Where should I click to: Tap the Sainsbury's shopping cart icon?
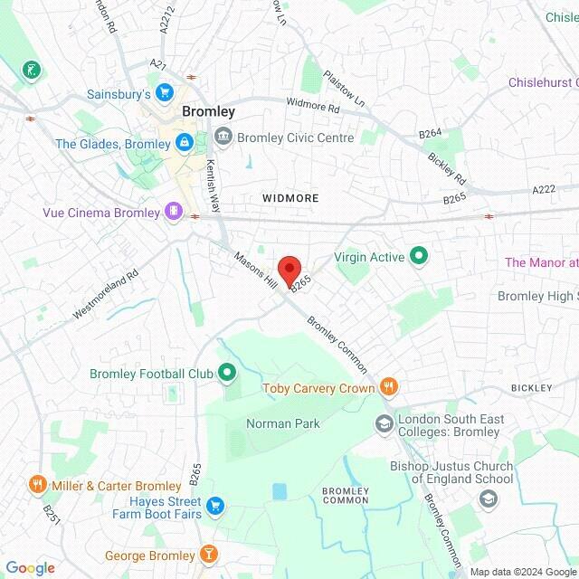pos(164,92)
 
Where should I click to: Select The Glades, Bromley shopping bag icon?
pos(184,143)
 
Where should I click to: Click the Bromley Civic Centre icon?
pos(223,138)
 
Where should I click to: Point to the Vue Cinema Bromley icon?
pos(173,212)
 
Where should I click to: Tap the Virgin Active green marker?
pos(418,257)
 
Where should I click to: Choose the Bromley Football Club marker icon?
pos(227,373)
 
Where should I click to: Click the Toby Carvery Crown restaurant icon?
pos(389,388)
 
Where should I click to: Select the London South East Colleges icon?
pos(384,423)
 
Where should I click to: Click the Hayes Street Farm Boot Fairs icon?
pos(214,505)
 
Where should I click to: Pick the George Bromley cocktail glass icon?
pos(209,555)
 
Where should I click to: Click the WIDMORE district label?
pos(290,197)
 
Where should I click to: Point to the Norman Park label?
pos(282,423)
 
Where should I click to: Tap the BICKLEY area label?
pos(531,388)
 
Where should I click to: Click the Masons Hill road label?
pos(255,269)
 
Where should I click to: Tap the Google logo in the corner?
pos(29,568)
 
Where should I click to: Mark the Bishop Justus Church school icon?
pos(489,498)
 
